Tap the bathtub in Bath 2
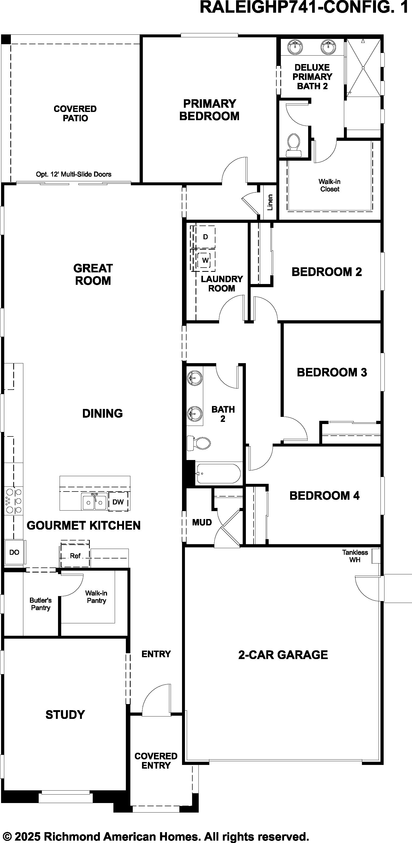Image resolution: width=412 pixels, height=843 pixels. [x=218, y=473]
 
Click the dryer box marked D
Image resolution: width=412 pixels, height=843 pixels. [x=205, y=237]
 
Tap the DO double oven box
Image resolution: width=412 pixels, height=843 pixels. [x=14, y=552]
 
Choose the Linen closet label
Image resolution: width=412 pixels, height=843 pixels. [x=270, y=202]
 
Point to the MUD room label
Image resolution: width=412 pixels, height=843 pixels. [x=202, y=522]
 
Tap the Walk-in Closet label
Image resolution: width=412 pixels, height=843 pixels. [x=330, y=185]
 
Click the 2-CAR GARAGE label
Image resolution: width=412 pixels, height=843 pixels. [x=283, y=655]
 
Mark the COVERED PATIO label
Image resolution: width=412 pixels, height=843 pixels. [x=75, y=114]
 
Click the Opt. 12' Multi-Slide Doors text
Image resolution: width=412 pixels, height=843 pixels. [x=74, y=174]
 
